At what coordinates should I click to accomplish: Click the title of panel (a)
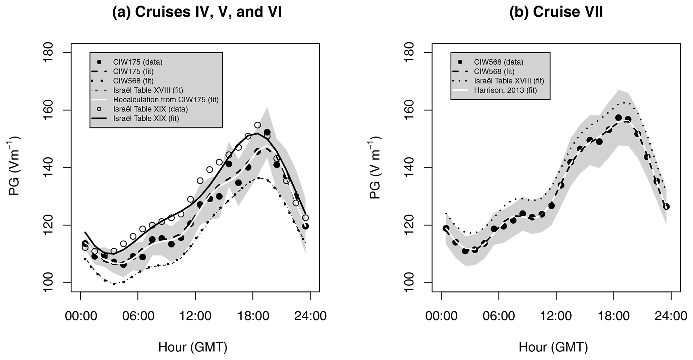[x=197, y=12]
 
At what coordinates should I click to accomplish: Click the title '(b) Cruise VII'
[x=556, y=12]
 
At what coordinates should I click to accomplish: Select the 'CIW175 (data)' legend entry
[x=138, y=62]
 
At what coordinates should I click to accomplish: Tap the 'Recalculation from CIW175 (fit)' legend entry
[x=166, y=100]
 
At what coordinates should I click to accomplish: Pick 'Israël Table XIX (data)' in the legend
[x=151, y=109]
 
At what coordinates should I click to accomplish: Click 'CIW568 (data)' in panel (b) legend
[x=499, y=62]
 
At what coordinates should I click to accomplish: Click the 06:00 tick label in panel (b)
[x=499, y=316]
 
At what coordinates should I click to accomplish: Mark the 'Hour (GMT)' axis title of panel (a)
[x=193, y=347]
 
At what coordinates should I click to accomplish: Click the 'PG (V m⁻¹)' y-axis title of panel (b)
[x=376, y=168]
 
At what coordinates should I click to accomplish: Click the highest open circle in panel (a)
[x=257, y=125]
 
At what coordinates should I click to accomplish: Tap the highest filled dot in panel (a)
[x=267, y=132]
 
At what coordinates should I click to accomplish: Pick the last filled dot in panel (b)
[x=667, y=207]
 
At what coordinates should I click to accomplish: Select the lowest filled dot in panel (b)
[x=465, y=251]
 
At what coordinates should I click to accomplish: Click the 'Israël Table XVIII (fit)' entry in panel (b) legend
[x=509, y=81]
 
